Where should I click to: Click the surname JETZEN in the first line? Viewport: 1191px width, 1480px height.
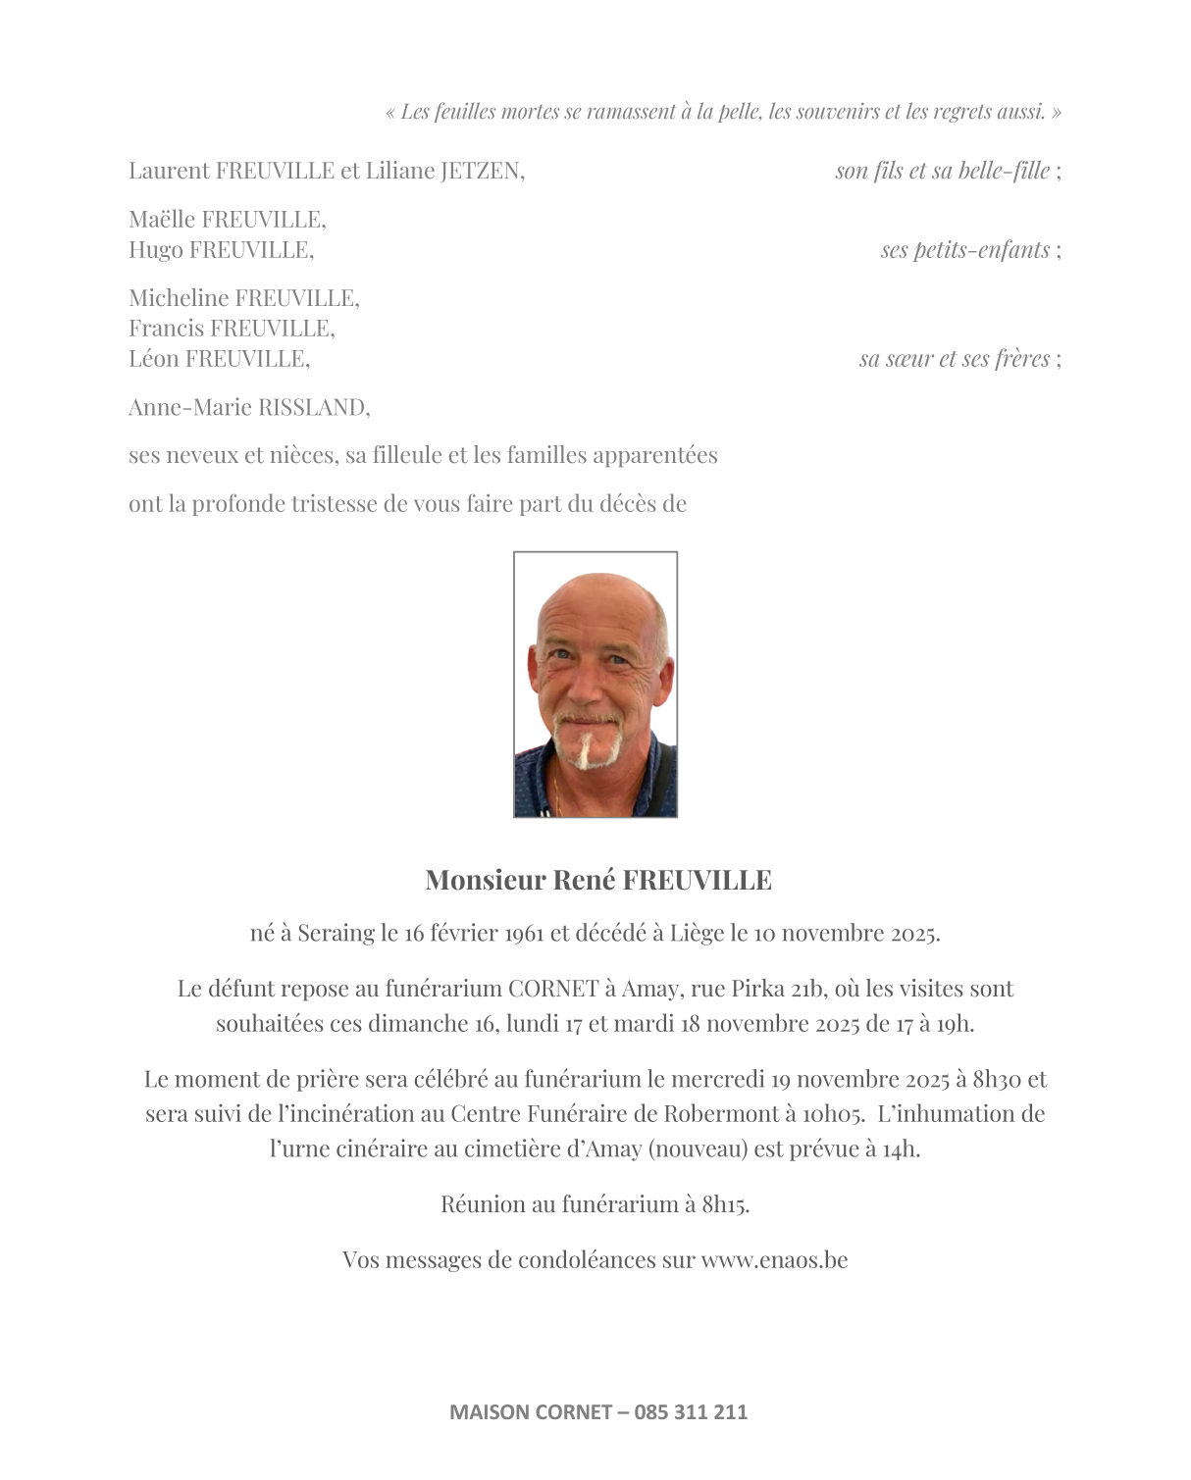[x=481, y=171]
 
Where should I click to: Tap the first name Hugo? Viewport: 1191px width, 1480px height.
[x=155, y=250]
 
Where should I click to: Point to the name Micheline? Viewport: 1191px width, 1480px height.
[x=179, y=298]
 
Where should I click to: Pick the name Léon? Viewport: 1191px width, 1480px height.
[x=154, y=359]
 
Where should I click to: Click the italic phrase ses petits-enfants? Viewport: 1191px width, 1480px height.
[x=964, y=250]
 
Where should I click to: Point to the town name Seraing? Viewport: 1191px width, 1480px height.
[x=336, y=934]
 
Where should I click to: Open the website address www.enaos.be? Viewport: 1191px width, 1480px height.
[x=774, y=1260]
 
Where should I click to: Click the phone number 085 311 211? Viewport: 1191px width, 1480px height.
[x=691, y=1412]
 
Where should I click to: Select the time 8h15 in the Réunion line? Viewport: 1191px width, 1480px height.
[x=725, y=1204]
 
